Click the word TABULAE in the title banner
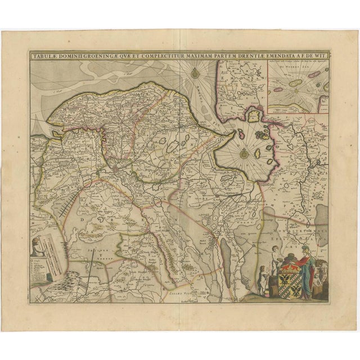46,56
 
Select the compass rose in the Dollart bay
244,152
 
